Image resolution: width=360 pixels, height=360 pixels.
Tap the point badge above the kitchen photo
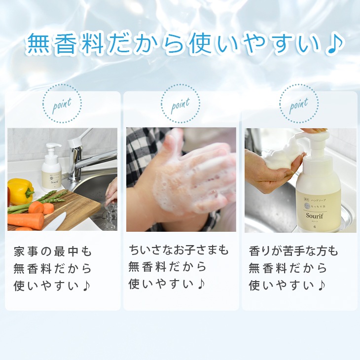62,104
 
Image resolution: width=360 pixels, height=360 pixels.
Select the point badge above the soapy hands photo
180,104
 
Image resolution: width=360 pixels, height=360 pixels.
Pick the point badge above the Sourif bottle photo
298,104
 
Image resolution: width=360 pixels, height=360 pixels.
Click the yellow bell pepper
20,191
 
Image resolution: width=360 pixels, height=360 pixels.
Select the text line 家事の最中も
53,252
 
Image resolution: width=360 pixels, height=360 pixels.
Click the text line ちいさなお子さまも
179,251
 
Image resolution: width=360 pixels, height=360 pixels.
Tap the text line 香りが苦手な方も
293,252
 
